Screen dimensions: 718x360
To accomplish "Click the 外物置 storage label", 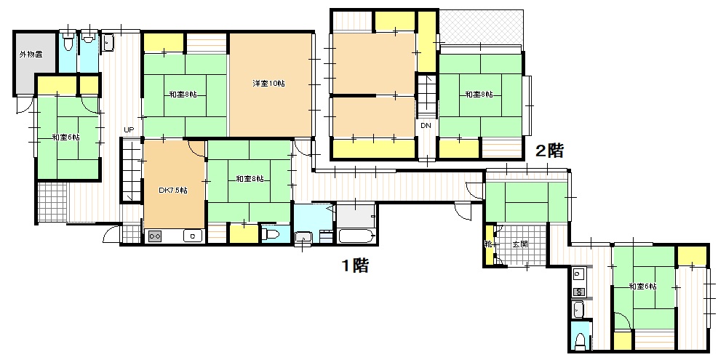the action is click(x=31, y=55).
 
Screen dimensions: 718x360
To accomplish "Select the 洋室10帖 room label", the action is click(x=268, y=84).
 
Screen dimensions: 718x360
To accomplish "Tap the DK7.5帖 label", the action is click(x=172, y=191).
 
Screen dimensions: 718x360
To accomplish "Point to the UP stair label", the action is click(x=129, y=130).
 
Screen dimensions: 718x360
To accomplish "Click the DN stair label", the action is click(x=426, y=126).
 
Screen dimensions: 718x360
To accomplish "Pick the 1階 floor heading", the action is click(x=356, y=265).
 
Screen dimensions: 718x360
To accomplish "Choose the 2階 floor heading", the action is click(x=549, y=151).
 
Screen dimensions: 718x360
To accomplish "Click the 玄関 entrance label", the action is click(x=520, y=244).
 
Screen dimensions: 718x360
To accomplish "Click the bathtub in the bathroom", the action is click(x=356, y=236).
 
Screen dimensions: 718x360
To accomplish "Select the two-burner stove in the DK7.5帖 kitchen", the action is click(x=154, y=236).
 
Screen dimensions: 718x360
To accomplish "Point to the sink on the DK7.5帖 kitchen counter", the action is click(x=193, y=236).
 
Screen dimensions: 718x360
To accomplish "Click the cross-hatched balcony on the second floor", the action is click(x=480, y=27).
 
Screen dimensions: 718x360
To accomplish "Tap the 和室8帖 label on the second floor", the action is click(x=479, y=95).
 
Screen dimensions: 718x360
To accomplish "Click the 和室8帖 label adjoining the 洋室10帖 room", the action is click(x=183, y=95).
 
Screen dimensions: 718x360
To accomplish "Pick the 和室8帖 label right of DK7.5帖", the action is click(x=250, y=179).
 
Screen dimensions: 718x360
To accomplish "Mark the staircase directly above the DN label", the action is click(x=426, y=97).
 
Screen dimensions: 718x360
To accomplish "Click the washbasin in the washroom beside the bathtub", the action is click(x=303, y=238).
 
